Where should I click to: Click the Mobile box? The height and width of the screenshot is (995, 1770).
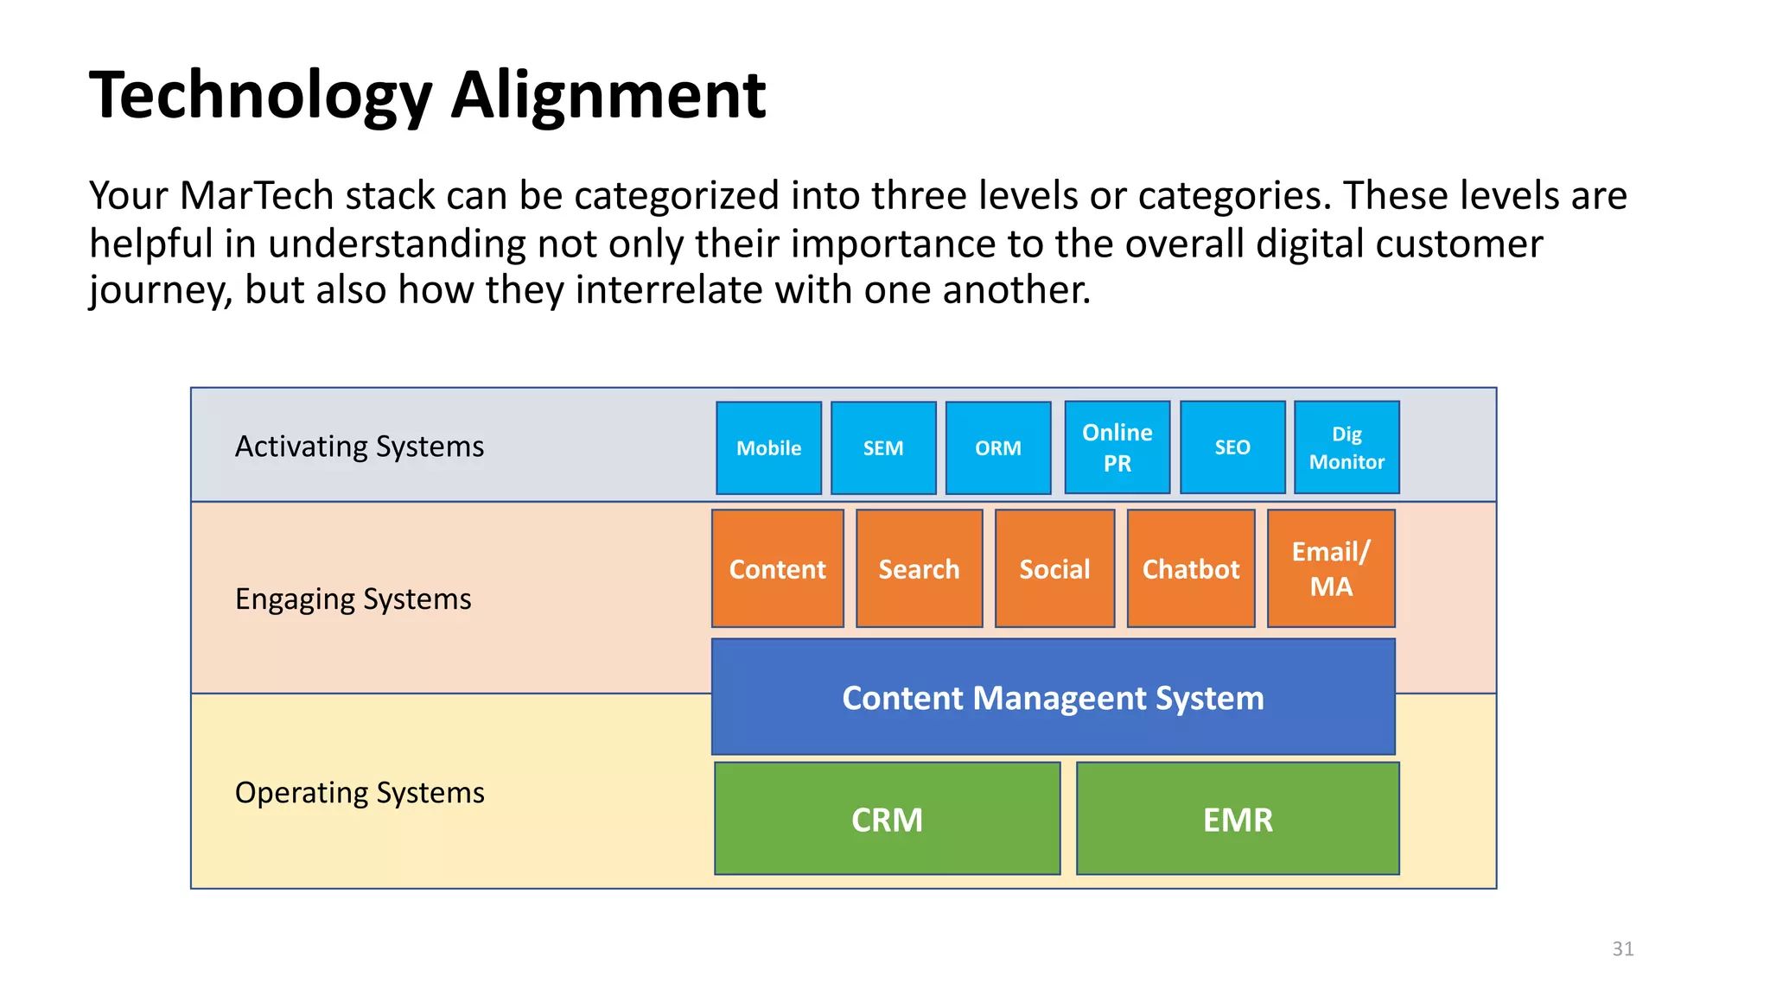768,447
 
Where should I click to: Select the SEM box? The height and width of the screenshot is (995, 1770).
883,447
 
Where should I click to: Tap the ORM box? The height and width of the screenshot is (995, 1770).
998,447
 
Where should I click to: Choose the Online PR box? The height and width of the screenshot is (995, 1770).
1117,447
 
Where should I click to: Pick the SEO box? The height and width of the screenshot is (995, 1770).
1232,447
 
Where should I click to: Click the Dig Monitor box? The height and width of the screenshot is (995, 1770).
1347,447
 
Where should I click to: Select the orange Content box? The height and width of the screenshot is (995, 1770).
777,568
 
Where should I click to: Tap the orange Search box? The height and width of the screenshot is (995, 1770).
919,568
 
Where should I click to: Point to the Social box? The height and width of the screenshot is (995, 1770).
1054,568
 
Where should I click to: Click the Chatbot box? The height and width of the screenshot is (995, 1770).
1191,568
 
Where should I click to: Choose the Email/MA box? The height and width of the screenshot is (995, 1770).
1331,568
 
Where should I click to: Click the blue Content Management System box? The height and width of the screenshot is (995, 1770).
1053,697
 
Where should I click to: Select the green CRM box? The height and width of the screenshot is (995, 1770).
887,819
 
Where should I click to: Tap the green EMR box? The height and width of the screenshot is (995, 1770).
1238,819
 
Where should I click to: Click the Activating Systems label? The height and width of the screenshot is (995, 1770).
359,447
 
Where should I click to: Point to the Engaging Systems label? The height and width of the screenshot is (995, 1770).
353,599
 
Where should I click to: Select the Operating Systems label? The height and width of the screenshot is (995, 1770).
360,792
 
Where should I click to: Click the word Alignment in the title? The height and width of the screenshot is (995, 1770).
608,95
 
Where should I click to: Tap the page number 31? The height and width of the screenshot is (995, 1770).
1622,948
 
